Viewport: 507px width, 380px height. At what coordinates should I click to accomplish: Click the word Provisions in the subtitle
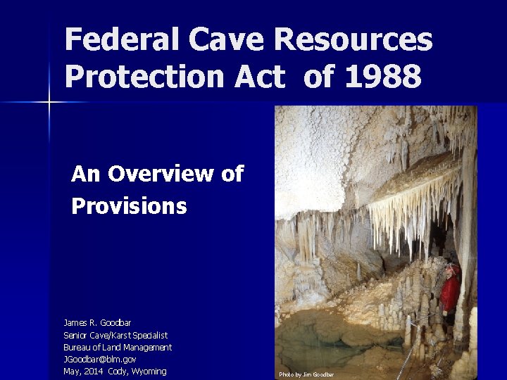[129, 206]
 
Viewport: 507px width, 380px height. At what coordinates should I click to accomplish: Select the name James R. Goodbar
[97, 323]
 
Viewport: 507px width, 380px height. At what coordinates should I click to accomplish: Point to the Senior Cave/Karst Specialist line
[115, 335]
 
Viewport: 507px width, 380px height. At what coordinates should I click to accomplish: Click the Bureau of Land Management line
[118, 347]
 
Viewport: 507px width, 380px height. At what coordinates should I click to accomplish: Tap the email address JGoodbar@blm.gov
[100, 359]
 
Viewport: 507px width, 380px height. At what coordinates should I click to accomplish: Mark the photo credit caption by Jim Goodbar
[306, 374]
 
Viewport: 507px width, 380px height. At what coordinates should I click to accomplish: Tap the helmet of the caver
[452, 268]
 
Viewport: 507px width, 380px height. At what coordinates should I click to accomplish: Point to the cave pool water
[331, 338]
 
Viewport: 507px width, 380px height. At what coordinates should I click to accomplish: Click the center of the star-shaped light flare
[49, 103]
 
